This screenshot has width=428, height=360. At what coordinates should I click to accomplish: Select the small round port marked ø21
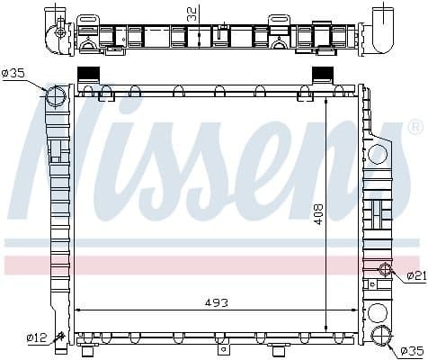click(x=386, y=269)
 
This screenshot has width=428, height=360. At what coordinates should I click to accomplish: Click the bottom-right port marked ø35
click(x=382, y=337)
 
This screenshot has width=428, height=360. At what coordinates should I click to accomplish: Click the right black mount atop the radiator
click(x=322, y=75)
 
